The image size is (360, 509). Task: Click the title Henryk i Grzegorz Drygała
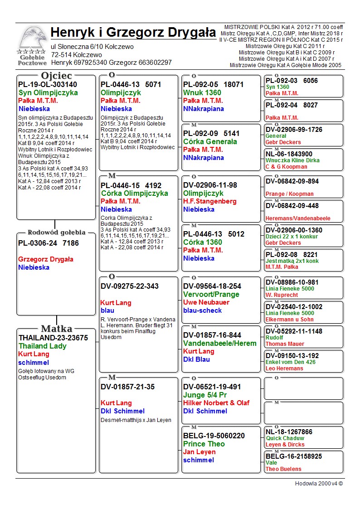coord(133,33)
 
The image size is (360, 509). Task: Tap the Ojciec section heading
coord(56,76)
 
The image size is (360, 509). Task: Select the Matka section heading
coord(57,329)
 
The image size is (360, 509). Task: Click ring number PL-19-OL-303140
coord(48,84)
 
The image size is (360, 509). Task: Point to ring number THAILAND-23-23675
coord(53,338)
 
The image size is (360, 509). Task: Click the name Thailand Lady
coord(42,346)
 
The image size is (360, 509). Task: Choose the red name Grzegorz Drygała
coord(46,259)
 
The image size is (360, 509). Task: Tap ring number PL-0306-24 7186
coord(49,243)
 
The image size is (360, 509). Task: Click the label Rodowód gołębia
coord(57,233)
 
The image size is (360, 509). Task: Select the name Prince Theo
coord(204,444)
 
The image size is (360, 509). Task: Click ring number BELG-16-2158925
coord(294,456)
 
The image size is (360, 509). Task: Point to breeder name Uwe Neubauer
coord(206,302)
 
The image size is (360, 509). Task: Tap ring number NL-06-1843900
coord(289,154)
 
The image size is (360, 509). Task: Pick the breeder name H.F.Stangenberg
coord(210,201)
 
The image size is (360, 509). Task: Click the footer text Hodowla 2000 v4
coord(319,483)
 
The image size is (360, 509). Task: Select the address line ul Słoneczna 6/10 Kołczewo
coord(92,47)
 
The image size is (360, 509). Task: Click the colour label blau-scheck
coord(202,310)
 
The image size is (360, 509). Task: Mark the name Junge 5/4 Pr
coord(205,395)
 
